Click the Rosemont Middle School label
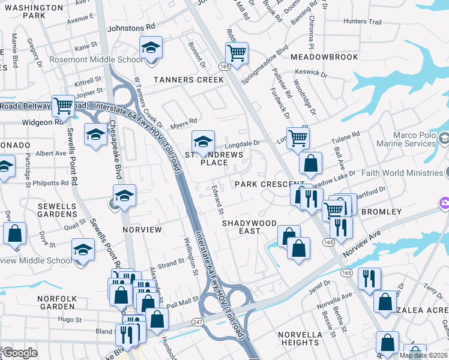106,60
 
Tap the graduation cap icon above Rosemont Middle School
151,47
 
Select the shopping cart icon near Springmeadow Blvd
237,53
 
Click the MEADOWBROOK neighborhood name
324,57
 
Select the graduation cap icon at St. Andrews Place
203,142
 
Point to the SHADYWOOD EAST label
250,227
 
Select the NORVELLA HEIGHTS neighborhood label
300,338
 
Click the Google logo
20,353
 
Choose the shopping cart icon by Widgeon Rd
63,106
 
